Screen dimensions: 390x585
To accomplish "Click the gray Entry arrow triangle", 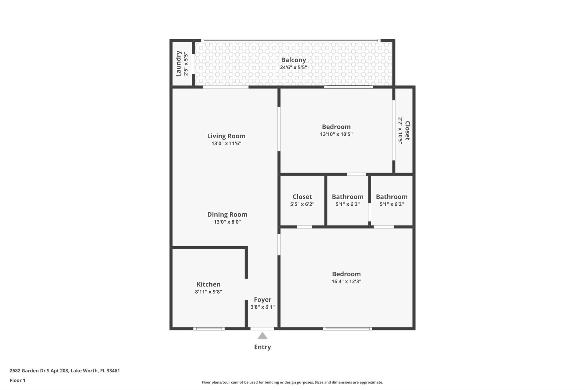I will pyautogui.click(x=262, y=336).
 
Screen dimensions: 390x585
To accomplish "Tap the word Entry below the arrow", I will pyautogui.click(x=262, y=347).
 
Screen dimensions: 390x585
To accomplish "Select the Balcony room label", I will pyautogui.click(x=293, y=60).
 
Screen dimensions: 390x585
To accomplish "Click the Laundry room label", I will pyautogui.click(x=179, y=63).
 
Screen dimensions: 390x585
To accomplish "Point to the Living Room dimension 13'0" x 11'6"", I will pyautogui.click(x=226, y=143).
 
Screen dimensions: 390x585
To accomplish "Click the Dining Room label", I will pyautogui.click(x=227, y=214).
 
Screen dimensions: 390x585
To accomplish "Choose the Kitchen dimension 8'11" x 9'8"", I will pyautogui.click(x=208, y=292).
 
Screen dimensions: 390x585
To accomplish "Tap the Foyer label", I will pyautogui.click(x=263, y=299).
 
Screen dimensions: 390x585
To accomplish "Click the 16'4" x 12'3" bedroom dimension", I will pyautogui.click(x=346, y=281).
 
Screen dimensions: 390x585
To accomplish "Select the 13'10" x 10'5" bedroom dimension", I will pyautogui.click(x=336, y=134).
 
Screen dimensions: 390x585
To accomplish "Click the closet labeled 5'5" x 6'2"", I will pyautogui.click(x=302, y=200).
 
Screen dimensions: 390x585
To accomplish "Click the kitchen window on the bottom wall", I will pyautogui.click(x=209, y=329).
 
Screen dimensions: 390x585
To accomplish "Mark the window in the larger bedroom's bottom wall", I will pyautogui.click(x=347, y=329).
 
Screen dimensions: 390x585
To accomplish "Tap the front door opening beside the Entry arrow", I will pyautogui.click(x=262, y=329).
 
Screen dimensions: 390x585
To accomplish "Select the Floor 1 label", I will pyautogui.click(x=17, y=380).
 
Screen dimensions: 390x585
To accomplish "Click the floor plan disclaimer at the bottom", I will pyautogui.click(x=292, y=382).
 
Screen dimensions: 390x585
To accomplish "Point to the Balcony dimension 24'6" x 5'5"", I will pyautogui.click(x=293, y=67).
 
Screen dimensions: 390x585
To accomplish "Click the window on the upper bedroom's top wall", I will pyautogui.click(x=348, y=87).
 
